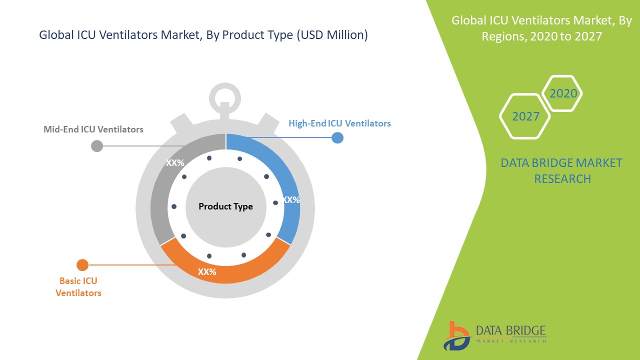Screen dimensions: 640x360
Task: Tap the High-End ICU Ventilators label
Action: [x=339, y=123]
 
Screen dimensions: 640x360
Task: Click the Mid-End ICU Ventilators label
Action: [x=93, y=129]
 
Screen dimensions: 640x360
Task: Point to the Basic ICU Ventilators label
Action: [x=78, y=287]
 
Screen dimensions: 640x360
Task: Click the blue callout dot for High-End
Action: [x=337, y=137]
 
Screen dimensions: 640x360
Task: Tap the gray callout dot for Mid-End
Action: [x=97, y=146]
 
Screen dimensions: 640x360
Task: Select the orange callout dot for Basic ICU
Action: [x=82, y=265]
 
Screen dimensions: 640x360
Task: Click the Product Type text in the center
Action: [x=225, y=206]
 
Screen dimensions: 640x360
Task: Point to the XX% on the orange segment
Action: [x=207, y=271]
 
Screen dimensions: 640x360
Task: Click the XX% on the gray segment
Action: [x=175, y=163]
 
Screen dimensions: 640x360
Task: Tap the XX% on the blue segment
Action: [x=291, y=199]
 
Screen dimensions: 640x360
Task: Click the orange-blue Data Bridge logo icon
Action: [x=456, y=336]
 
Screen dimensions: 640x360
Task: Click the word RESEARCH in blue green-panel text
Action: [x=562, y=179]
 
